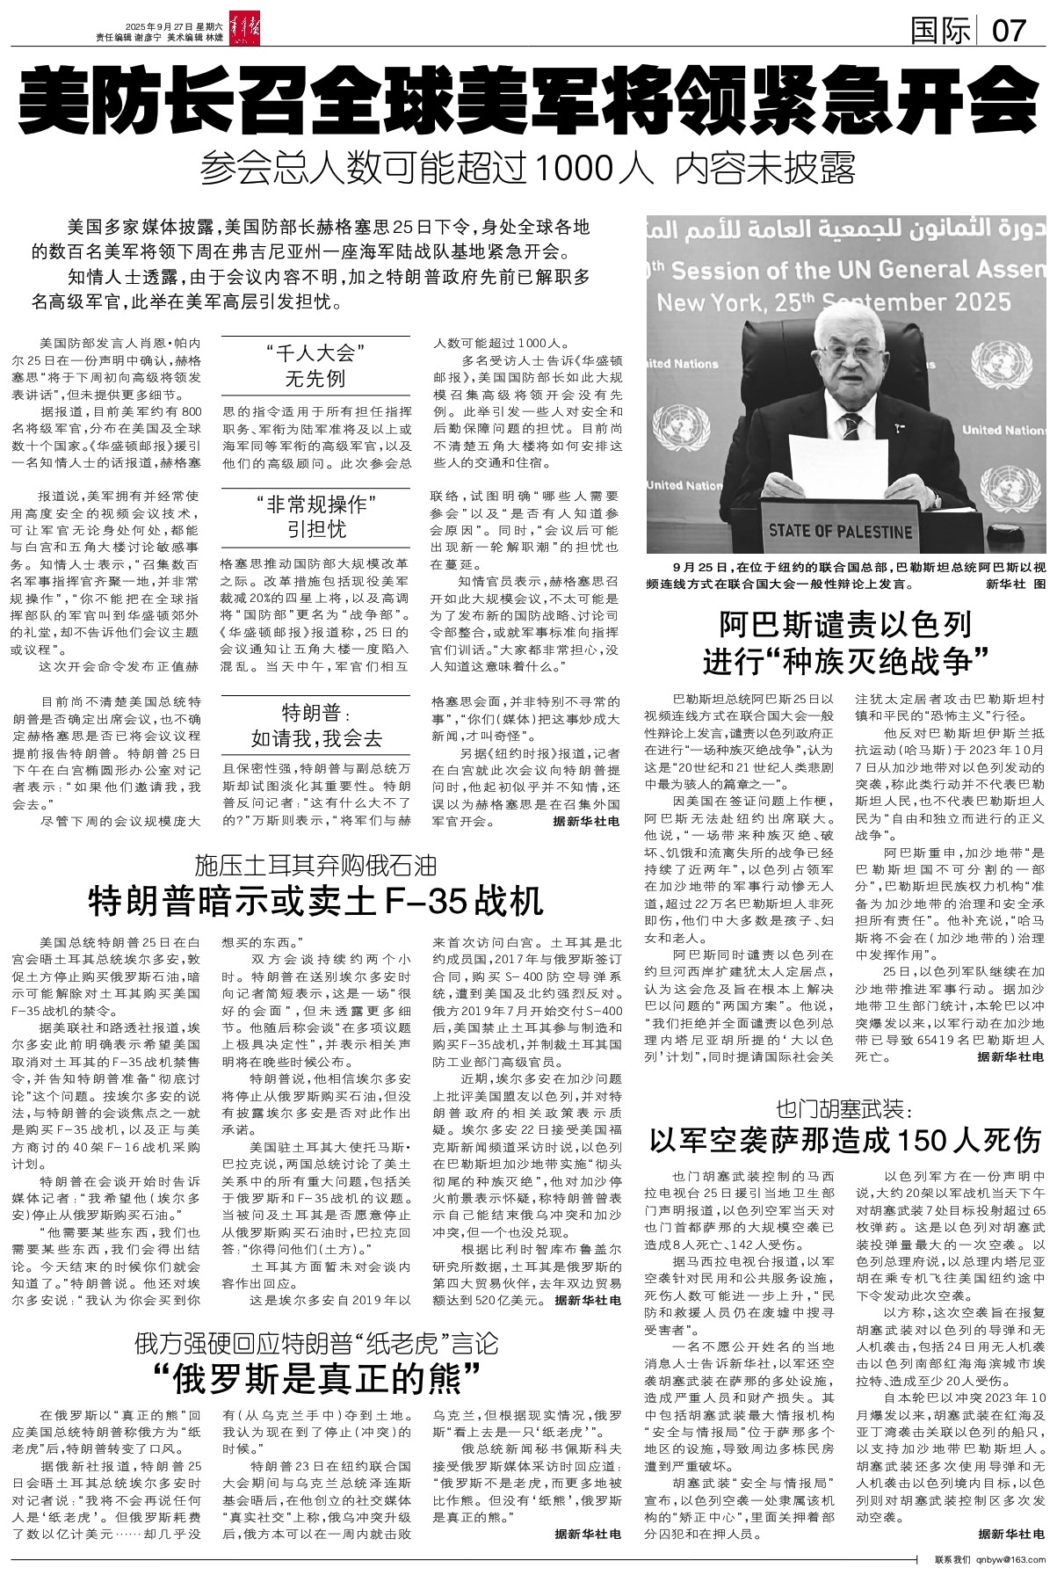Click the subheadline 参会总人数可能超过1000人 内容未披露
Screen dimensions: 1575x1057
527,168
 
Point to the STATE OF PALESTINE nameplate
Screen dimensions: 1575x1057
839,531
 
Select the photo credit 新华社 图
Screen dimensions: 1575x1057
1023,583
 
